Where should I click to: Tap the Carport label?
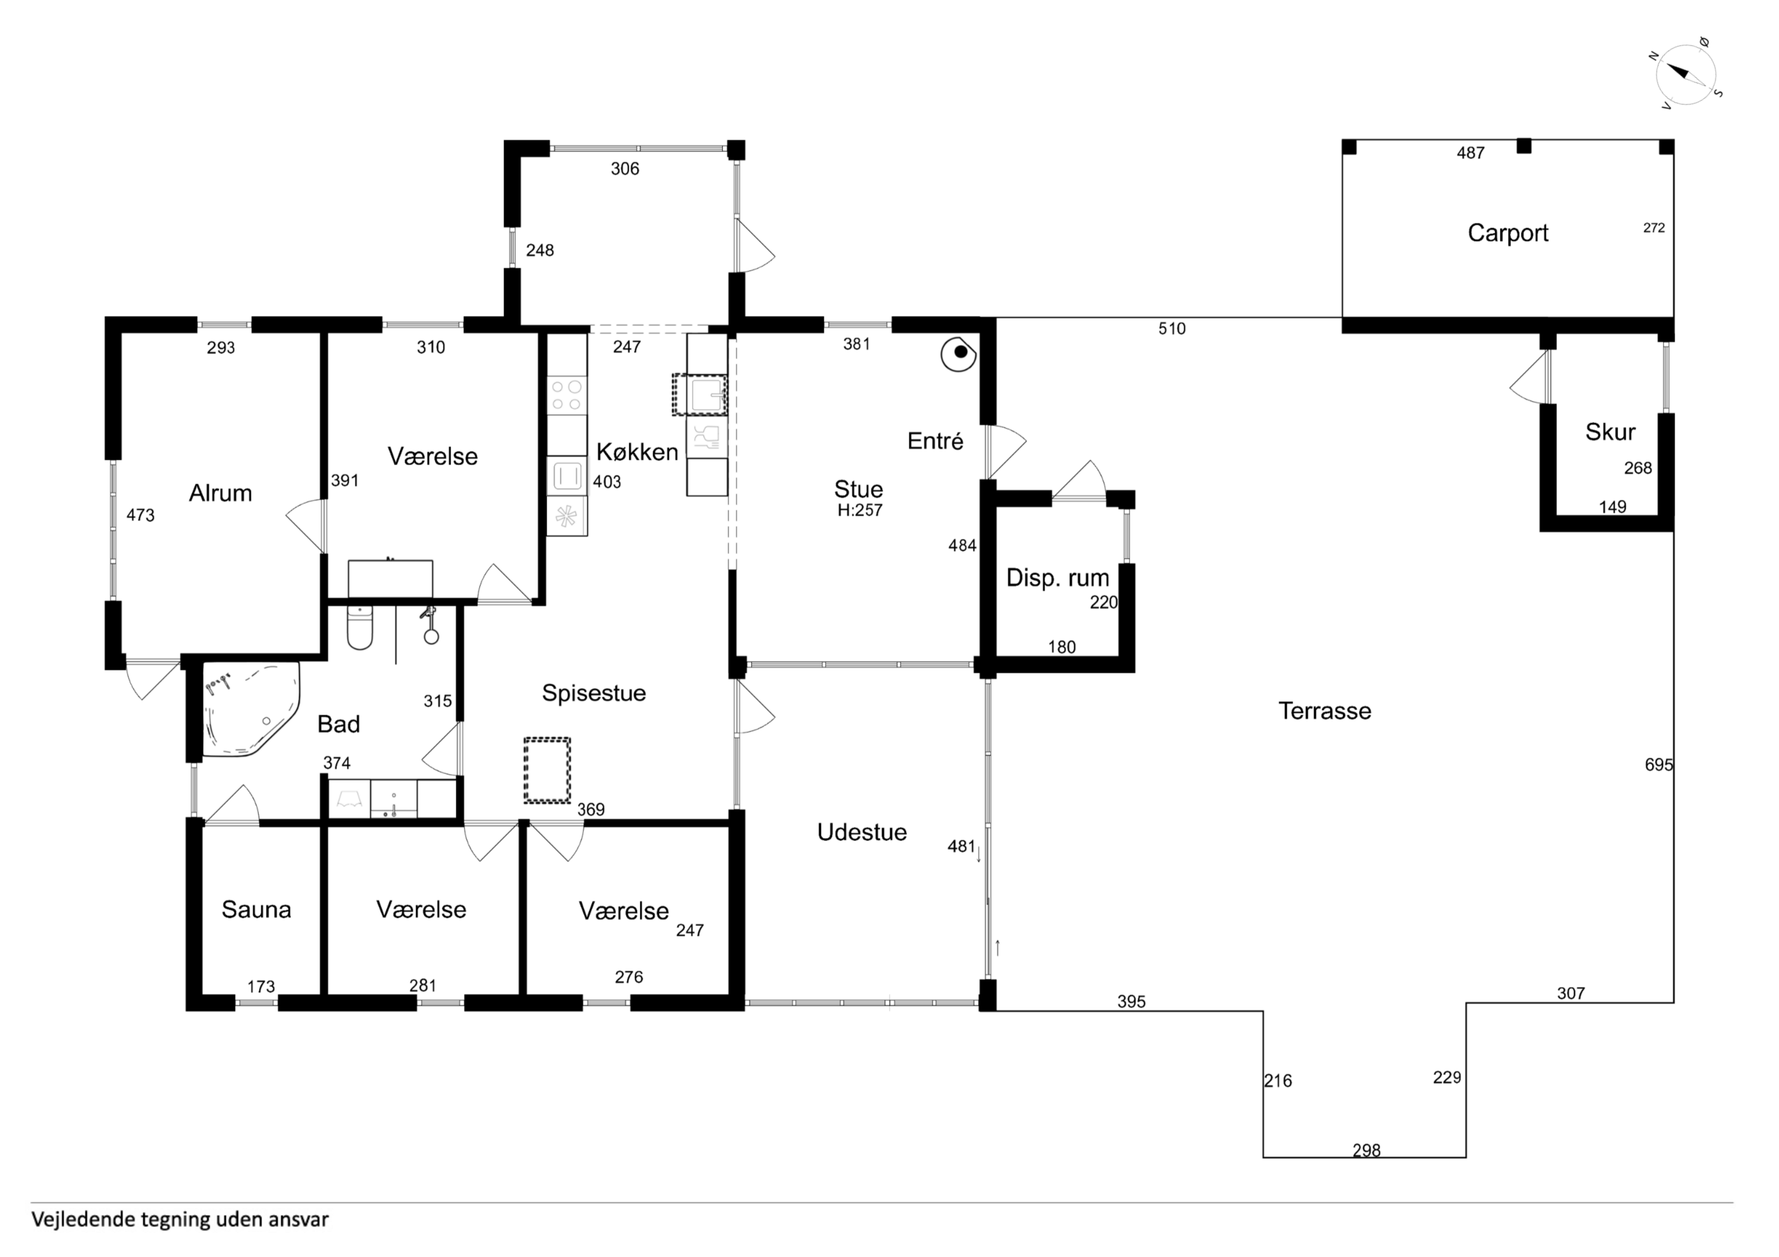pyautogui.click(x=1508, y=233)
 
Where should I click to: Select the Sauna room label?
pyautogui.click(x=257, y=909)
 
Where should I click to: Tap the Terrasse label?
pyautogui.click(x=1325, y=711)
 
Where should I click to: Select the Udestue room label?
pyautogui.click(x=862, y=832)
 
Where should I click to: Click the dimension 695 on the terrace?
pyautogui.click(x=1659, y=765)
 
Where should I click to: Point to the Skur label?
pyautogui.click(x=1610, y=432)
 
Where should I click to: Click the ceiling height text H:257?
pyautogui.click(x=860, y=510)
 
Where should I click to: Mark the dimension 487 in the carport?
pyautogui.click(x=1470, y=153)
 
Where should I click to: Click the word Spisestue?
pyautogui.click(x=593, y=693)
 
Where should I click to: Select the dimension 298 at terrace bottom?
pyautogui.click(x=1367, y=1151)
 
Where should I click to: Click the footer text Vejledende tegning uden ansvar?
pyautogui.click(x=180, y=1220)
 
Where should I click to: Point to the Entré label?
pyautogui.click(x=935, y=442)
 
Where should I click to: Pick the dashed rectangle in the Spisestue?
pyautogui.click(x=547, y=770)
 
